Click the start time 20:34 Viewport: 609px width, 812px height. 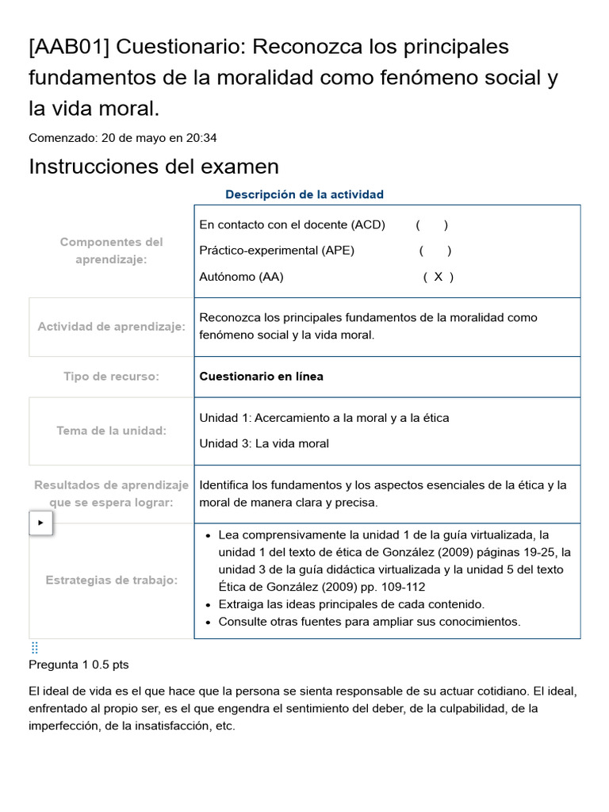coord(201,137)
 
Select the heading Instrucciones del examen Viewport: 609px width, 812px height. coord(154,167)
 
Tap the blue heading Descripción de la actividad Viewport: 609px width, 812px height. coord(304,194)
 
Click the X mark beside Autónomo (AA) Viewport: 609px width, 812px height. coord(438,277)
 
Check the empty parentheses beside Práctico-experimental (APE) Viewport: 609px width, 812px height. coord(435,251)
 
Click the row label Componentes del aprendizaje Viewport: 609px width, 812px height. coord(111,251)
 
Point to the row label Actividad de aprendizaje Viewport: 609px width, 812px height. coord(111,327)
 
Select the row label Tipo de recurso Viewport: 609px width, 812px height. coord(111,377)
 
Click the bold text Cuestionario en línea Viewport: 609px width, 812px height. coord(261,377)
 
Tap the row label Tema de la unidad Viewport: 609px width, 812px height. coord(111,431)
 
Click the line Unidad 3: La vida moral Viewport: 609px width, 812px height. coord(264,443)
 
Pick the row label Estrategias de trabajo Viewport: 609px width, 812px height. coord(111,580)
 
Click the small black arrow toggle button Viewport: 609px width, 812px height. coord(40,523)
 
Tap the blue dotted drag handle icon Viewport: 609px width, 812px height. coord(34,648)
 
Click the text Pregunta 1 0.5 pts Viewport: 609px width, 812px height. coord(79,665)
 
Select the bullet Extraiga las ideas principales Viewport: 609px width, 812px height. coord(351,604)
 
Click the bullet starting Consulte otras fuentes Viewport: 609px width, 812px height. coord(370,622)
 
